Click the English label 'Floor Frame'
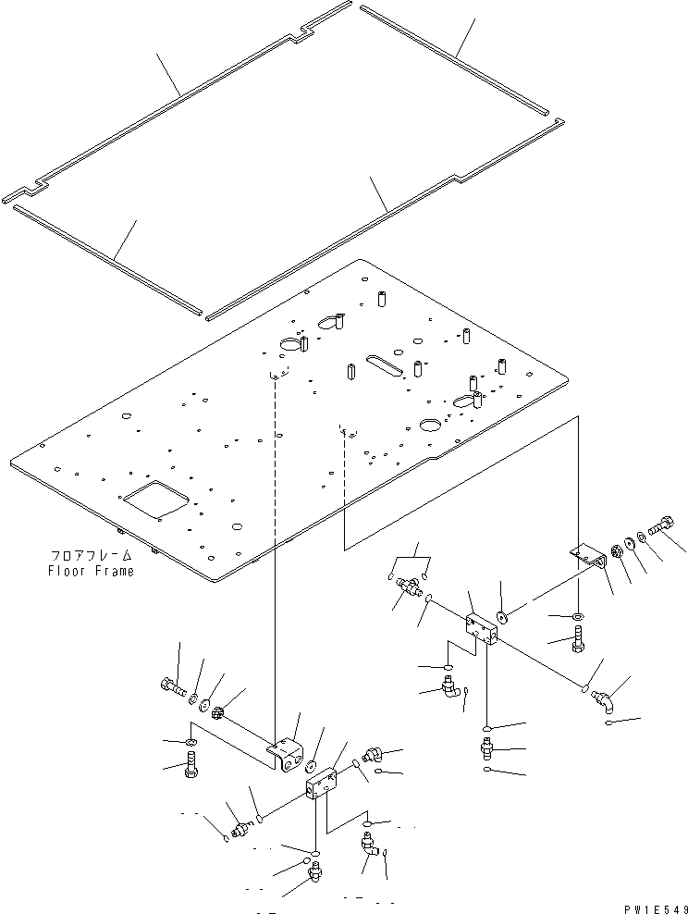click(x=91, y=571)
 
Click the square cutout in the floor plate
click(x=154, y=499)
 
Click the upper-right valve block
click(x=482, y=628)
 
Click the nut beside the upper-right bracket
click(x=611, y=554)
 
